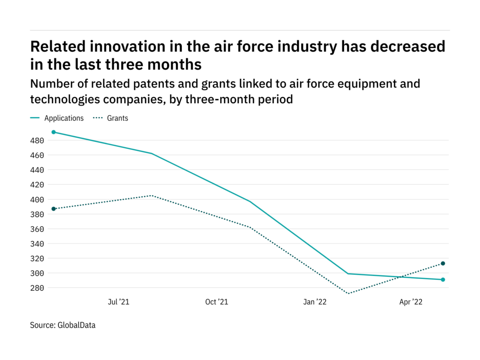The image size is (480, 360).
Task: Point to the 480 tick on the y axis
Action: click(38, 141)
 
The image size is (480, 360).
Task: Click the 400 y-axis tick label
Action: click(38, 199)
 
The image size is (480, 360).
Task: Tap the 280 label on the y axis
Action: click(38, 288)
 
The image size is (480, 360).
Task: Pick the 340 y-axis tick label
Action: click(38, 244)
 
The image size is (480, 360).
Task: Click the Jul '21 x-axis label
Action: click(118, 302)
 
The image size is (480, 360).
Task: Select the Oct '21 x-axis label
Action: click(216, 302)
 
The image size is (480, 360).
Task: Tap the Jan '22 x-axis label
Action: click(315, 302)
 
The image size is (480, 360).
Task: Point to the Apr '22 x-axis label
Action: click(411, 302)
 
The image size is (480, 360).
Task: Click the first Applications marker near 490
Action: click(54, 132)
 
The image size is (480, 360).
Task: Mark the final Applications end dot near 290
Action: click(443, 279)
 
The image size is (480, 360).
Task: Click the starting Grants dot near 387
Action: click(54, 209)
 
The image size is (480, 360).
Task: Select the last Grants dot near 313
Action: click(443, 263)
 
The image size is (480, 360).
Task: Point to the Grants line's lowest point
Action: click(348, 293)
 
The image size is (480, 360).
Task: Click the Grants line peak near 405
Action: click(152, 195)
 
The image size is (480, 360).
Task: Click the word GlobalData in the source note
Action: click(76, 325)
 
